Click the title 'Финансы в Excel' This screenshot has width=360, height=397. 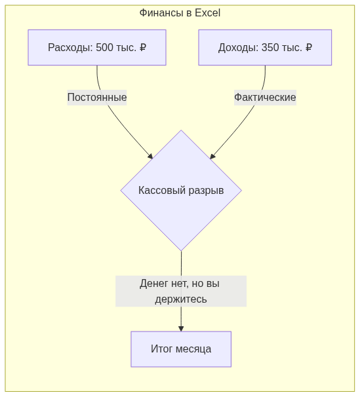[180, 12]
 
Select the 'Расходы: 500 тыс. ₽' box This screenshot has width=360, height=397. [97, 47]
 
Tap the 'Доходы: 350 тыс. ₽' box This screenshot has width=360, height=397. [265, 47]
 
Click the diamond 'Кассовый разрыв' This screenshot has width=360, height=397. [181, 191]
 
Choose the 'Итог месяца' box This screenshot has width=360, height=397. [181, 349]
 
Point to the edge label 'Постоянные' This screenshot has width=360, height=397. [97, 98]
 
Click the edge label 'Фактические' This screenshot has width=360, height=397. [265, 98]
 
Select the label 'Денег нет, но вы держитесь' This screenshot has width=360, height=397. [181, 291]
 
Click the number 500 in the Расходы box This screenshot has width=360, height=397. [104, 47]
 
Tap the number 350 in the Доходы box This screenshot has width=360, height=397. [270, 47]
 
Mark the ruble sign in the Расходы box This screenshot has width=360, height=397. [143, 47]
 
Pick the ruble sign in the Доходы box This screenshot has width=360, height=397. [309, 47]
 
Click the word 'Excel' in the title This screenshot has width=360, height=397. [207, 12]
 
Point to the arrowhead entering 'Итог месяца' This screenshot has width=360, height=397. [181, 328]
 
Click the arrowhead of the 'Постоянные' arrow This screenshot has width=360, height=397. [150, 156]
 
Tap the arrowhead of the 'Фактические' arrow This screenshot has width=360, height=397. [212, 156]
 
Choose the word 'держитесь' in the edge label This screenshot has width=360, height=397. [181, 299]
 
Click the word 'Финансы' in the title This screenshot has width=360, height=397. [162, 12]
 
